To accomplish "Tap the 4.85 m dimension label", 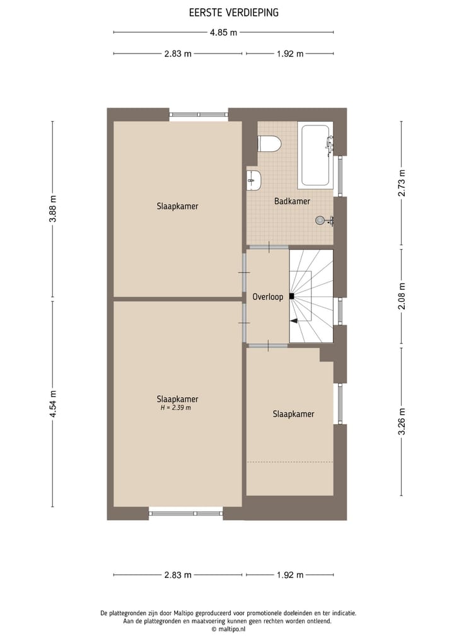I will click(224, 32).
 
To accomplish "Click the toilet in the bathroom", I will click(269, 144).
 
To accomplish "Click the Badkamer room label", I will click(292, 201).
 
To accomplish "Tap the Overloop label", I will click(267, 296).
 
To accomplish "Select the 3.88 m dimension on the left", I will click(53, 209).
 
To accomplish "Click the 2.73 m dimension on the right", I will click(401, 183).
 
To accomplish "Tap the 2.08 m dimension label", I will click(401, 296).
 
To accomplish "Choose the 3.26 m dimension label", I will click(401, 422).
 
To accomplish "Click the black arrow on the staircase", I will click(294, 321).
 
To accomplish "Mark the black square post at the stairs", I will click(291, 296).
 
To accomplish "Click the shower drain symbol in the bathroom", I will click(321, 220).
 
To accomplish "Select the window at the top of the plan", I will click(199, 115).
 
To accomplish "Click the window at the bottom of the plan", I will click(186, 513).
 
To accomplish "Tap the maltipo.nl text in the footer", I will click(227, 628).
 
